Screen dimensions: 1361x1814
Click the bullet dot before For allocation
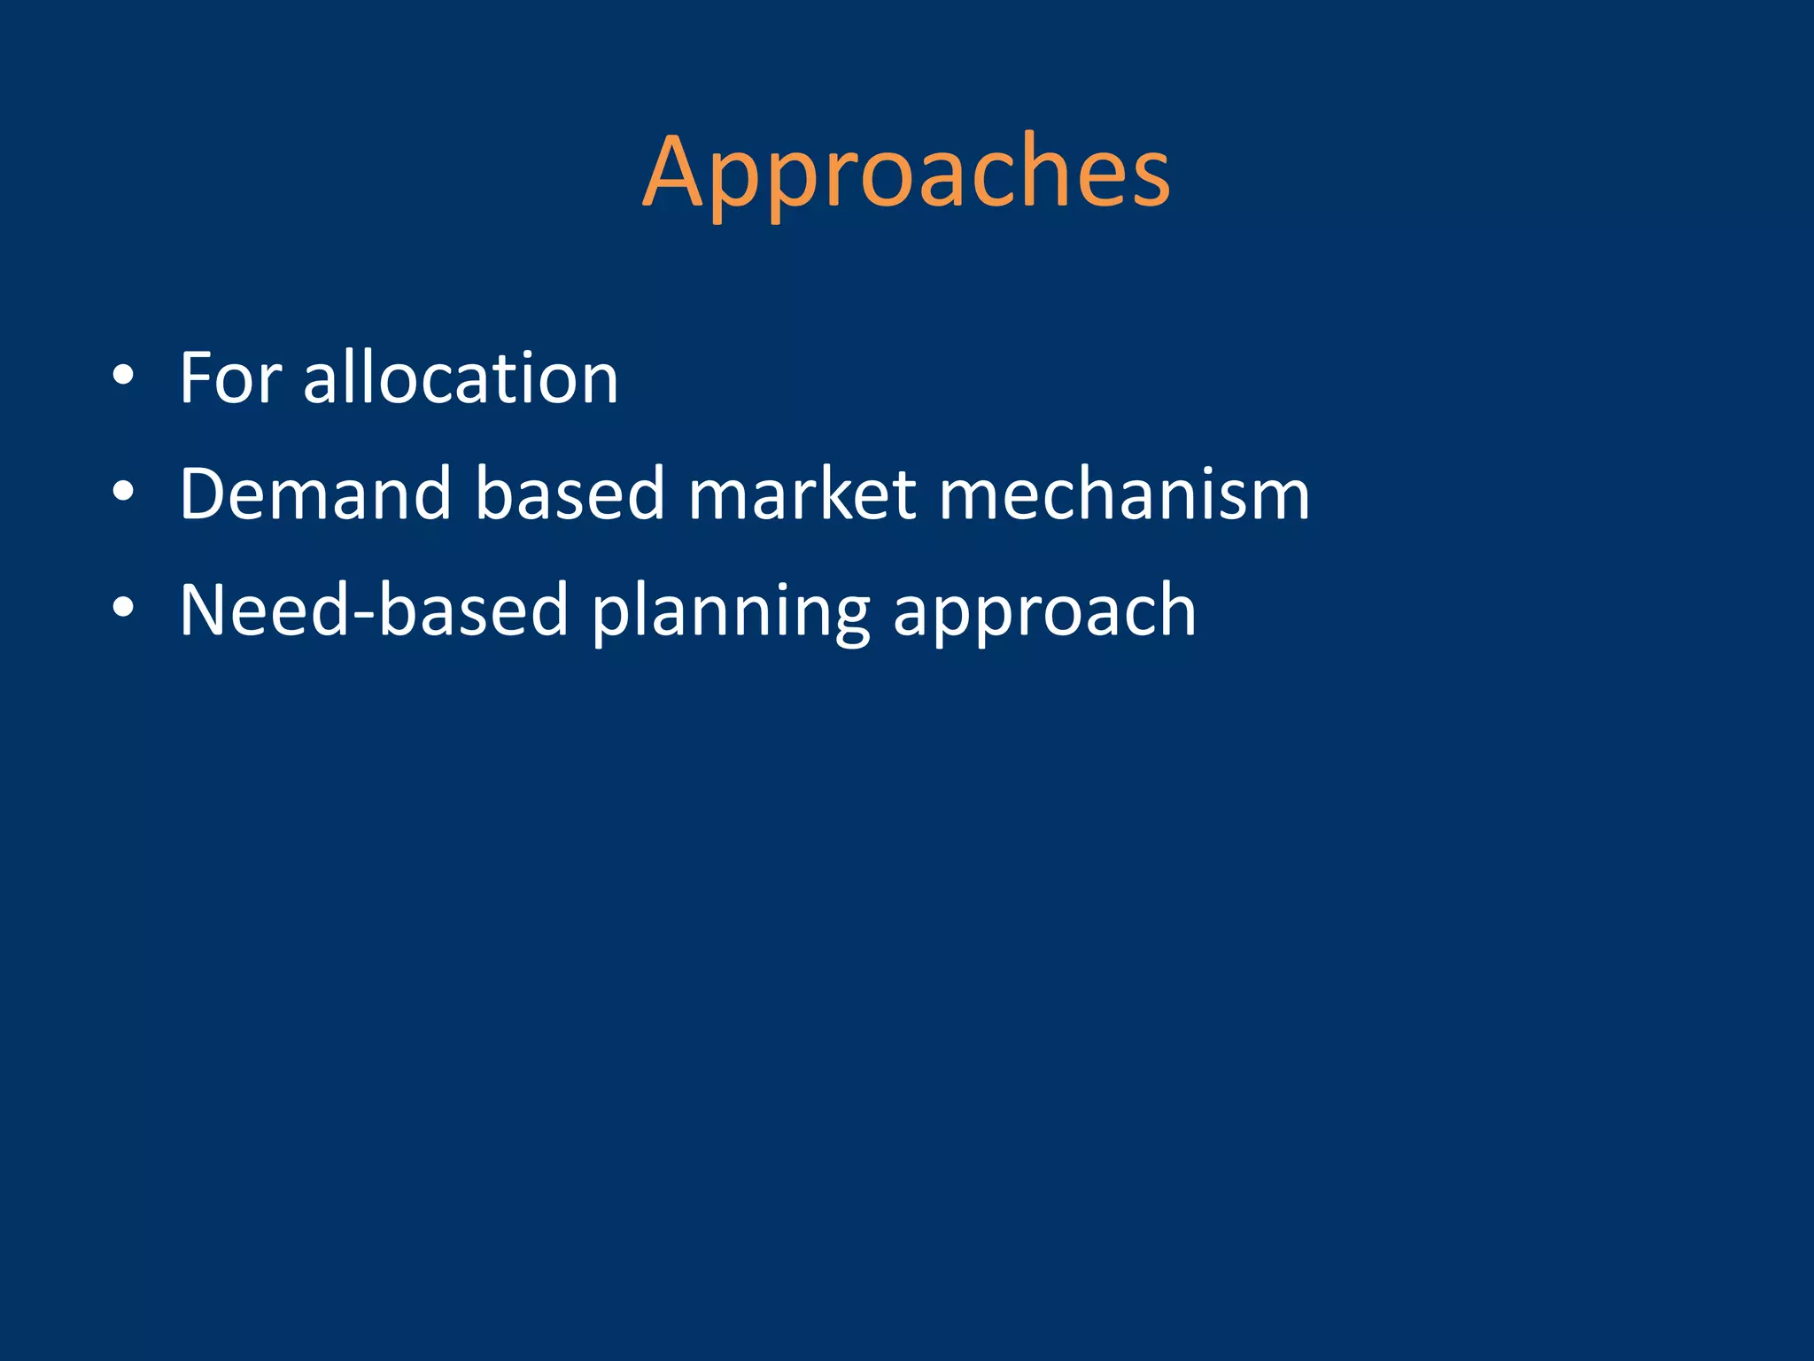click(123, 376)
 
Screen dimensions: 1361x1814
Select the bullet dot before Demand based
click(123, 492)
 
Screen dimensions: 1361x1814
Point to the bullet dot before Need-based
click(123, 608)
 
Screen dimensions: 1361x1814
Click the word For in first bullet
click(230, 378)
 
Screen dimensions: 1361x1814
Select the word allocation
click(461, 378)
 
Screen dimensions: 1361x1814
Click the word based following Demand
click(570, 494)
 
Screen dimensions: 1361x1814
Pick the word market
click(802, 494)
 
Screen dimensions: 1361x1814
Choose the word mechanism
click(1124, 494)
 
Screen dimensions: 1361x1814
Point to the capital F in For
click(198, 378)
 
